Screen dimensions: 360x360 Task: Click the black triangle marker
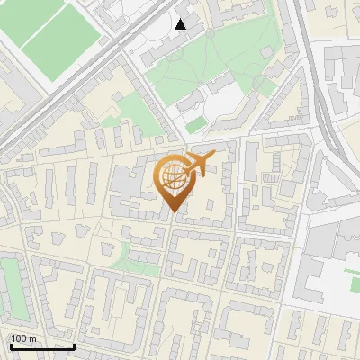pyautogui.click(x=180, y=24)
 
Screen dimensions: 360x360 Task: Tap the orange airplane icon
pyautogui.click(x=199, y=164)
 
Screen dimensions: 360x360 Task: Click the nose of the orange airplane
pyautogui.click(x=213, y=157)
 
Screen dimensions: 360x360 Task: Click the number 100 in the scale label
pyautogui.click(x=20, y=338)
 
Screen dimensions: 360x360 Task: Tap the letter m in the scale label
pyautogui.click(x=33, y=338)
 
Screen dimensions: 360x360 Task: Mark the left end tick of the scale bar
pyautogui.click(x=10, y=346)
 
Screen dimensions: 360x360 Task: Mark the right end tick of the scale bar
pyautogui.click(x=74, y=346)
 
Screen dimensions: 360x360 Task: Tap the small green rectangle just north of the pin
pyautogui.click(x=195, y=125)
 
